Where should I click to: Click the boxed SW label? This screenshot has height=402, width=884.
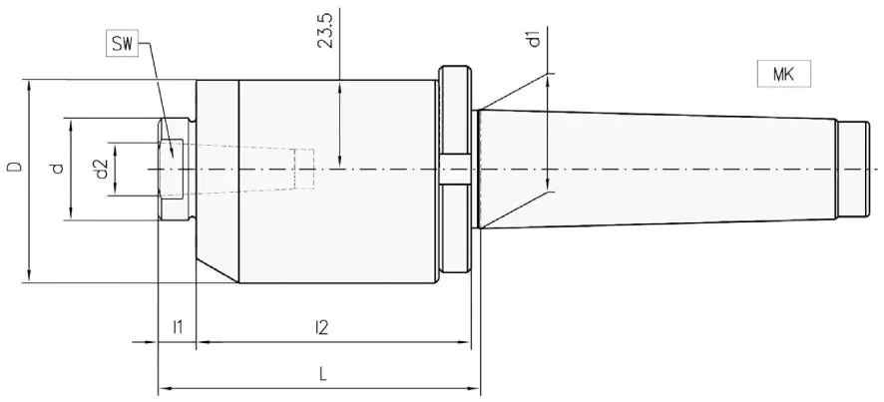point(122,44)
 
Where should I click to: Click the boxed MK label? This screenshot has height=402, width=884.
point(783,74)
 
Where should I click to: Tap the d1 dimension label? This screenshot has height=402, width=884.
point(536,40)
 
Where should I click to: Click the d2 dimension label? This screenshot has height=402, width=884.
point(101,170)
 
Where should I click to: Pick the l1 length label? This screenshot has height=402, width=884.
point(178,326)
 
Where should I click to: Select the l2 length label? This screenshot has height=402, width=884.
point(321,326)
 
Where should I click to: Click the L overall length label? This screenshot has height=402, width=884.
point(322,373)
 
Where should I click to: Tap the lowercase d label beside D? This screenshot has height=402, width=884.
point(56,168)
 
